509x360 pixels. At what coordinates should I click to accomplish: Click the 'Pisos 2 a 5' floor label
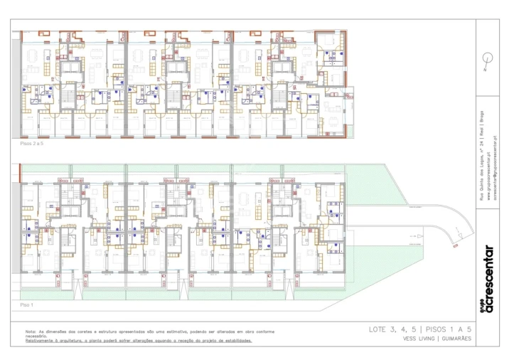32,144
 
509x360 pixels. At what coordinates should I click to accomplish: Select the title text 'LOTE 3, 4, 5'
392,329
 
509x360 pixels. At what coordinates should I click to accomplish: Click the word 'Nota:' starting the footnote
31,331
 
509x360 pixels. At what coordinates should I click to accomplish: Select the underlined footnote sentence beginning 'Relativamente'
138,340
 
